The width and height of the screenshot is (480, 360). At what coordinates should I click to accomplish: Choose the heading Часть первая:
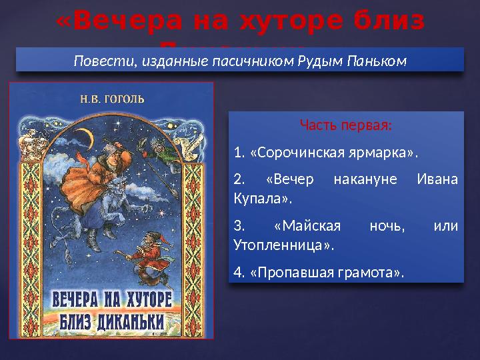click(346, 125)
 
